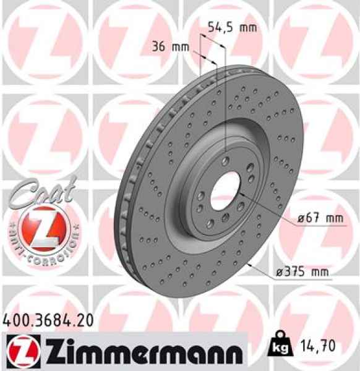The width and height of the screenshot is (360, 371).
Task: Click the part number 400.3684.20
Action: click(49, 320)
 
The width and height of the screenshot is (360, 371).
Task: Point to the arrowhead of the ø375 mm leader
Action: click(247, 262)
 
